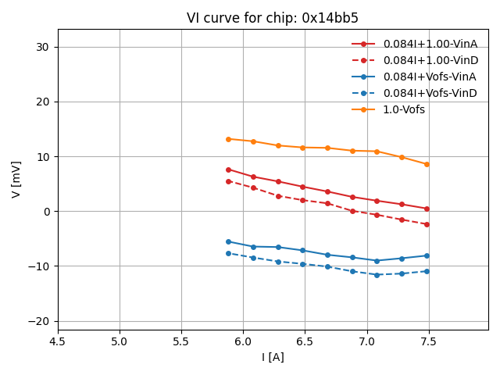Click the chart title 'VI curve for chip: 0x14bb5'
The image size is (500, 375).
pos(273,18)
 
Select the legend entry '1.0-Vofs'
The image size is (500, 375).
pos(404,109)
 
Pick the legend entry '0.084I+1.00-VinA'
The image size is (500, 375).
pos(430,44)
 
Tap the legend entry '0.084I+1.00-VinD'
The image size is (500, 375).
pos(430,60)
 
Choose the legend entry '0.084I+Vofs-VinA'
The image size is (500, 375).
pos(430,77)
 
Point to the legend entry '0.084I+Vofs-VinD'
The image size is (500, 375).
pos(430,93)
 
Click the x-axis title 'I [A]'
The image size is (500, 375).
pos(273,357)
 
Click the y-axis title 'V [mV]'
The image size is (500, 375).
pos(16,180)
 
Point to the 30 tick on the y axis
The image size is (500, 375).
pos(41,47)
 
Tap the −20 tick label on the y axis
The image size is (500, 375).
pos(37,321)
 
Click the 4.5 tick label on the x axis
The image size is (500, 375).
pos(58,341)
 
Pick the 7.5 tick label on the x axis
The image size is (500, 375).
pos(428,341)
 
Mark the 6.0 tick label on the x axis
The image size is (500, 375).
pos(243,341)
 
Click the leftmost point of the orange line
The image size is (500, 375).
pos(228,139)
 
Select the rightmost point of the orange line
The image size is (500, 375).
pos(427,164)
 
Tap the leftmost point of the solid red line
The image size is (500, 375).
pos(228,170)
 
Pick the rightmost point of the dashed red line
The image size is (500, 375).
pos(427,224)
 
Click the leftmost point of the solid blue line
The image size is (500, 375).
pos(228,241)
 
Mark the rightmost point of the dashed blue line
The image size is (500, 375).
pos(427,271)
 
